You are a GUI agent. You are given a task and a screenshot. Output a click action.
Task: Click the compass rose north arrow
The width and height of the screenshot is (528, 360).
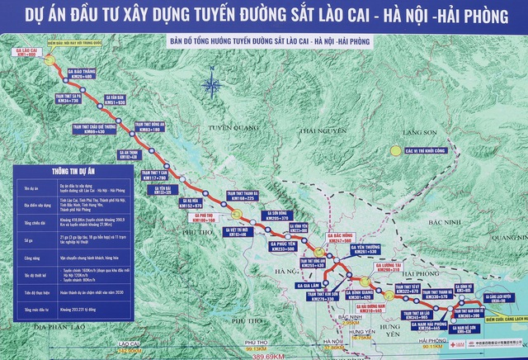pyautogui.click(x=212, y=83)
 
